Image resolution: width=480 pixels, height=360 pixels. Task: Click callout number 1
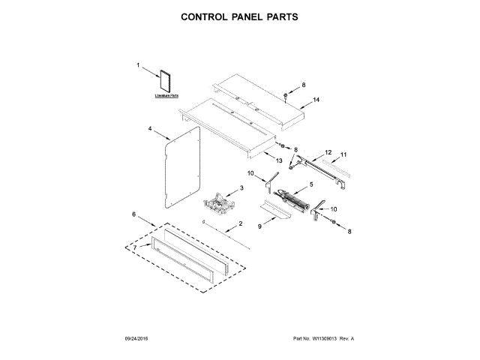(x=139, y=66)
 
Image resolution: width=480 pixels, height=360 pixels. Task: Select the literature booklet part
(x=165, y=81)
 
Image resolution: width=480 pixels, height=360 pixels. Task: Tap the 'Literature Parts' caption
(x=166, y=96)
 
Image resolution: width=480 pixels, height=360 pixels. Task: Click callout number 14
(x=316, y=100)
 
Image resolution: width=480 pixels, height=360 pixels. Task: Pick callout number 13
(x=279, y=160)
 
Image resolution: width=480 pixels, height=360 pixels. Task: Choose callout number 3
(x=242, y=187)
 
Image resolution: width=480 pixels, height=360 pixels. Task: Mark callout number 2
(x=241, y=224)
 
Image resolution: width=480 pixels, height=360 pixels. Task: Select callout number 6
(x=134, y=214)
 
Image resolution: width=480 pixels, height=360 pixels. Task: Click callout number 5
(x=310, y=184)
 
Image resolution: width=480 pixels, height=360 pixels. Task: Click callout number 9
(x=261, y=226)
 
